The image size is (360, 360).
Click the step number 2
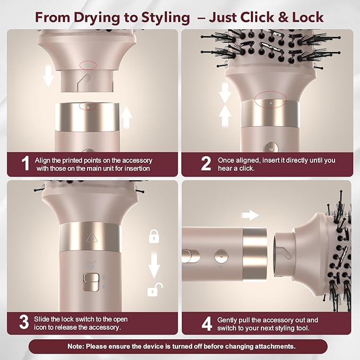[x=206, y=163]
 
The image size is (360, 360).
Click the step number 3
[x=23, y=323]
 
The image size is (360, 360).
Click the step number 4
[x=207, y=323]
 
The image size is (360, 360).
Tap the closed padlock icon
[x=154, y=235]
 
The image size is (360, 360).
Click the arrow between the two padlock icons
[x=154, y=264]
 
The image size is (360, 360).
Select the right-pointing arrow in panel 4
[x=249, y=215]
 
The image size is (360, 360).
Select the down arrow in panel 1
[x=49, y=78]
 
